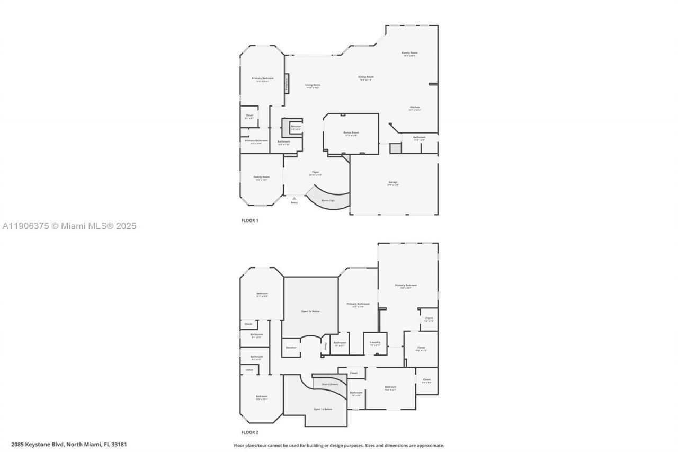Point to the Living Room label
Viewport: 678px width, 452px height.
pyautogui.click(x=313, y=86)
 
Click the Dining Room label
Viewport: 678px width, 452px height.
pyautogui.click(x=366, y=78)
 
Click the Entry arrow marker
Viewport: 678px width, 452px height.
pyautogui.click(x=294, y=199)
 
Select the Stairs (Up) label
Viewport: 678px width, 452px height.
pyautogui.click(x=328, y=200)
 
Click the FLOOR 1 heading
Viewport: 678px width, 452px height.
pyautogui.click(x=249, y=220)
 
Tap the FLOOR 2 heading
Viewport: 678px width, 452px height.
pyautogui.click(x=249, y=432)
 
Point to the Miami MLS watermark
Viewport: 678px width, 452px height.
pyautogui.click(x=68, y=226)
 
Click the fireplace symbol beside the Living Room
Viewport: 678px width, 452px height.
pyautogui.click(x=287, y=83)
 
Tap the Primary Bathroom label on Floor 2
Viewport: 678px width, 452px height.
pyautogui.click(x=358, y=305)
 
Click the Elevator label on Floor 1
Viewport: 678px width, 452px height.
pyautogui.click(x=296, y=127)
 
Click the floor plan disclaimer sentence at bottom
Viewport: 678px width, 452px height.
pyautogui.click(x=339, y=445)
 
